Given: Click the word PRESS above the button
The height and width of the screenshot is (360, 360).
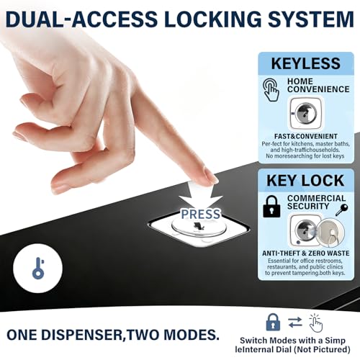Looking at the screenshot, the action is pos(200,214).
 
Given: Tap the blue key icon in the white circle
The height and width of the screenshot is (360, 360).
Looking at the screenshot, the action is pos(38,269).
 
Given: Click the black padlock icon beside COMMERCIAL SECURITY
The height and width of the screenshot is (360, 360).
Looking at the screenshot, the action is pos(271,207).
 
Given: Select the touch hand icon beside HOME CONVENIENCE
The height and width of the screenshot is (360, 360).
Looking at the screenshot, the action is pos(271,90).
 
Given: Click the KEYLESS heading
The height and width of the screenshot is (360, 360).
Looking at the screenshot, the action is pos(306,63).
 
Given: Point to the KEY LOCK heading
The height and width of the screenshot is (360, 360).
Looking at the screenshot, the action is pos(305,181).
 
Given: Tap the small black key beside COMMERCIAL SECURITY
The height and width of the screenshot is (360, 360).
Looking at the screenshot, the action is pos(341,210).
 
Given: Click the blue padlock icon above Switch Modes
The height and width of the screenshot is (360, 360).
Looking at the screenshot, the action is pos(273,322).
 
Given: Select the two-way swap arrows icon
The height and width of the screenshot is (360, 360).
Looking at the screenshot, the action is pos(295,322).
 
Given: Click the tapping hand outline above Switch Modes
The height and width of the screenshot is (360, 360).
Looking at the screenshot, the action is pos(315,323).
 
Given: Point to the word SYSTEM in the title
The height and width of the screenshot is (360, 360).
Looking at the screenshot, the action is pos(311,19).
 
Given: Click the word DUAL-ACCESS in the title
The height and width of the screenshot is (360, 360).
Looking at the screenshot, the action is pos(81,19).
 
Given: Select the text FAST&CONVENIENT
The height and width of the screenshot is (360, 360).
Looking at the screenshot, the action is pos(306,136).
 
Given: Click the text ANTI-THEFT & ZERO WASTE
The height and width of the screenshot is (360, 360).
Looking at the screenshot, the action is pos(306,253).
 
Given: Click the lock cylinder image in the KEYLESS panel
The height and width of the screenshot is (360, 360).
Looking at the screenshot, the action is pos(306,113).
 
